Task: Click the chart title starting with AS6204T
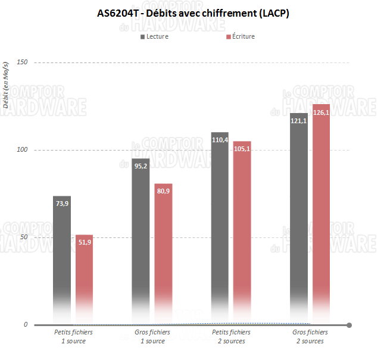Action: [193, 13]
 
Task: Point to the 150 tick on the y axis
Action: [22, 62]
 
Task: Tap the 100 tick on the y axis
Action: [22, 150]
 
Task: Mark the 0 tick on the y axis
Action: [26, 325]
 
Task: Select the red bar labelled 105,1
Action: [242, 232]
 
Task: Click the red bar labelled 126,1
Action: [321, 214]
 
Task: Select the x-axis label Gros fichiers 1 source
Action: [152, 336]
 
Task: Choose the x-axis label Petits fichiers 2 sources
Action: [231, 336]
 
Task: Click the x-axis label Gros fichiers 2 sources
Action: [310, 336]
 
